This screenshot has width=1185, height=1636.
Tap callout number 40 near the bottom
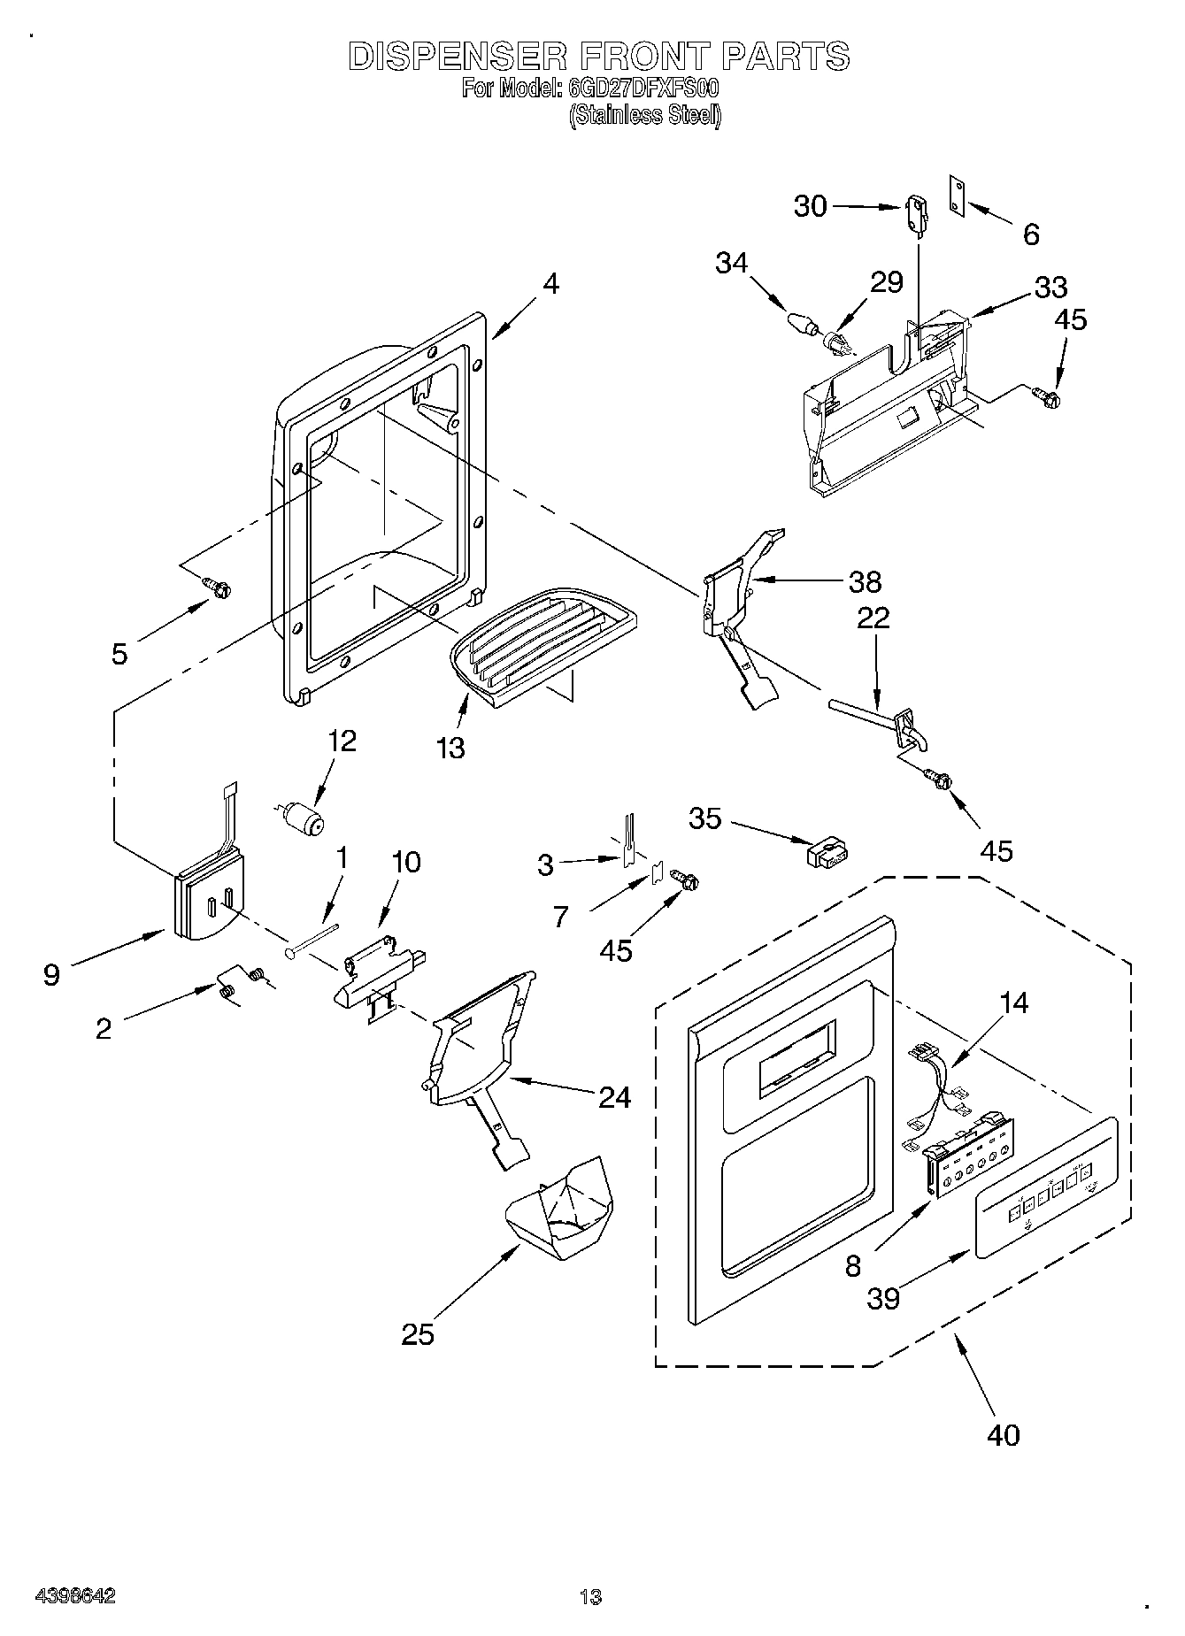[x=1003, y=1433]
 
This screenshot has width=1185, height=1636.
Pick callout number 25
[x=417, y=1333]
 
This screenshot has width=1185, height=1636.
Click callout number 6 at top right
[x=1030, y=234]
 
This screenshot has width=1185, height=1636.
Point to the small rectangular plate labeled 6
[x=957, y=194]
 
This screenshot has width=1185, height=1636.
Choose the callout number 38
[x=865, y=581]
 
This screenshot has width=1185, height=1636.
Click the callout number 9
[x=52, y=975]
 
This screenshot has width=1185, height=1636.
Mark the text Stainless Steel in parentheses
[x=644, y=115]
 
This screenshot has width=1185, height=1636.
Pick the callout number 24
[x=614, y=1097]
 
